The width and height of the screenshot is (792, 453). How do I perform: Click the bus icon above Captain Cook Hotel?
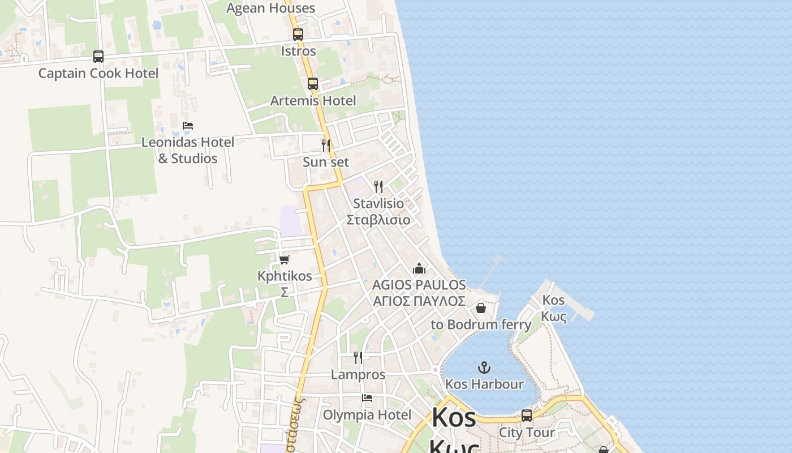(x=98, y=57)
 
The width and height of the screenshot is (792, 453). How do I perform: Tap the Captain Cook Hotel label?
(x=98, y=74)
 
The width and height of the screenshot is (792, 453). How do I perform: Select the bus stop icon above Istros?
(x=298, y=34)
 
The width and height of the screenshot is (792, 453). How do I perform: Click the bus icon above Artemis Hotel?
(x=313, y=84)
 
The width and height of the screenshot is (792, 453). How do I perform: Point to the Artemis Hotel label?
(x=313, y=101)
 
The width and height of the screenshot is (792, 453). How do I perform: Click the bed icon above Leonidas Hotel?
(x=188, y=126)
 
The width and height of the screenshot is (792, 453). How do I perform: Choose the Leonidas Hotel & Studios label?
(x=187, y=150)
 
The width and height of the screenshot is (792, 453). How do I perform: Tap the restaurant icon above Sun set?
(x=326, y=146)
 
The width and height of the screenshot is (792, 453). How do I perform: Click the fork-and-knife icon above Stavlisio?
(x=378, y=187)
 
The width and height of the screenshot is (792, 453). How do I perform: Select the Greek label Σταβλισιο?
(x=378, y=220)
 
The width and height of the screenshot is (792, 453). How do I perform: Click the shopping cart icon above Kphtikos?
(x=285, y=259)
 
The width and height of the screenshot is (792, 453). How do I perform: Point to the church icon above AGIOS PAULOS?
(x=419, y=268)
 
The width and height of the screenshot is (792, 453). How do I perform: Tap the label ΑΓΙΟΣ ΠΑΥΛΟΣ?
(x=419, y=301)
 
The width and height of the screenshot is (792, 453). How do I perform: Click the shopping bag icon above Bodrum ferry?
(x=480, y=308)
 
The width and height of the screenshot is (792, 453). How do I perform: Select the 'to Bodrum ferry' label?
(x=481, y=324)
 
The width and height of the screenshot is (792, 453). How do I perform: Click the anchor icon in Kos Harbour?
(x=484, y=367)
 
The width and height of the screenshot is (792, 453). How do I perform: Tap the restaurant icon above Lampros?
(x=358, y=358)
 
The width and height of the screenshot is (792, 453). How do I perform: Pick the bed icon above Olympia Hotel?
(x=367, y=399)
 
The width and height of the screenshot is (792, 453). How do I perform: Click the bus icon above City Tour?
(x=527, y=416)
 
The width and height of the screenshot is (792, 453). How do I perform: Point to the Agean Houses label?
(x=270, y=8)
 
